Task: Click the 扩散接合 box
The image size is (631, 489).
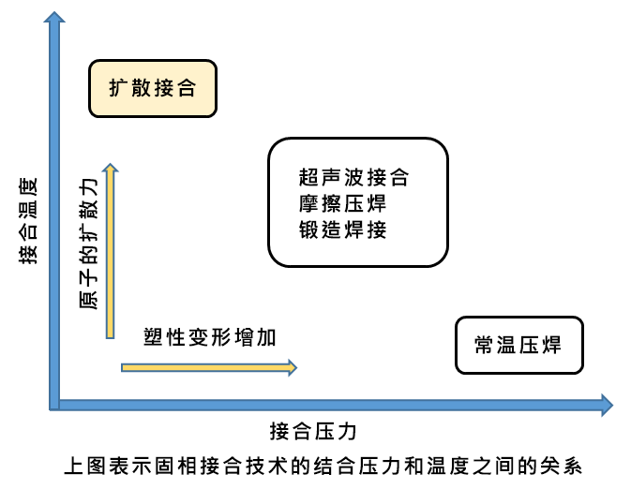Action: (x=153, y=89)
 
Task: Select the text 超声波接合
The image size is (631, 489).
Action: (x=354, y=176)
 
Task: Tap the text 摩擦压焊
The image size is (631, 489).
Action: (x=342, y=202)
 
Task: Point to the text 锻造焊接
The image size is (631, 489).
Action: (x=342, y=229)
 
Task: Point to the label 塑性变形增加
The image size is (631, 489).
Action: (x=210, y=337)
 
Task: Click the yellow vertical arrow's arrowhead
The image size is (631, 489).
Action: (x=111, y=169)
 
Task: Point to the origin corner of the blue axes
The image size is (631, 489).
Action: (x=54, y=405)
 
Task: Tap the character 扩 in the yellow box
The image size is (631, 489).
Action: (x=117, y=89)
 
